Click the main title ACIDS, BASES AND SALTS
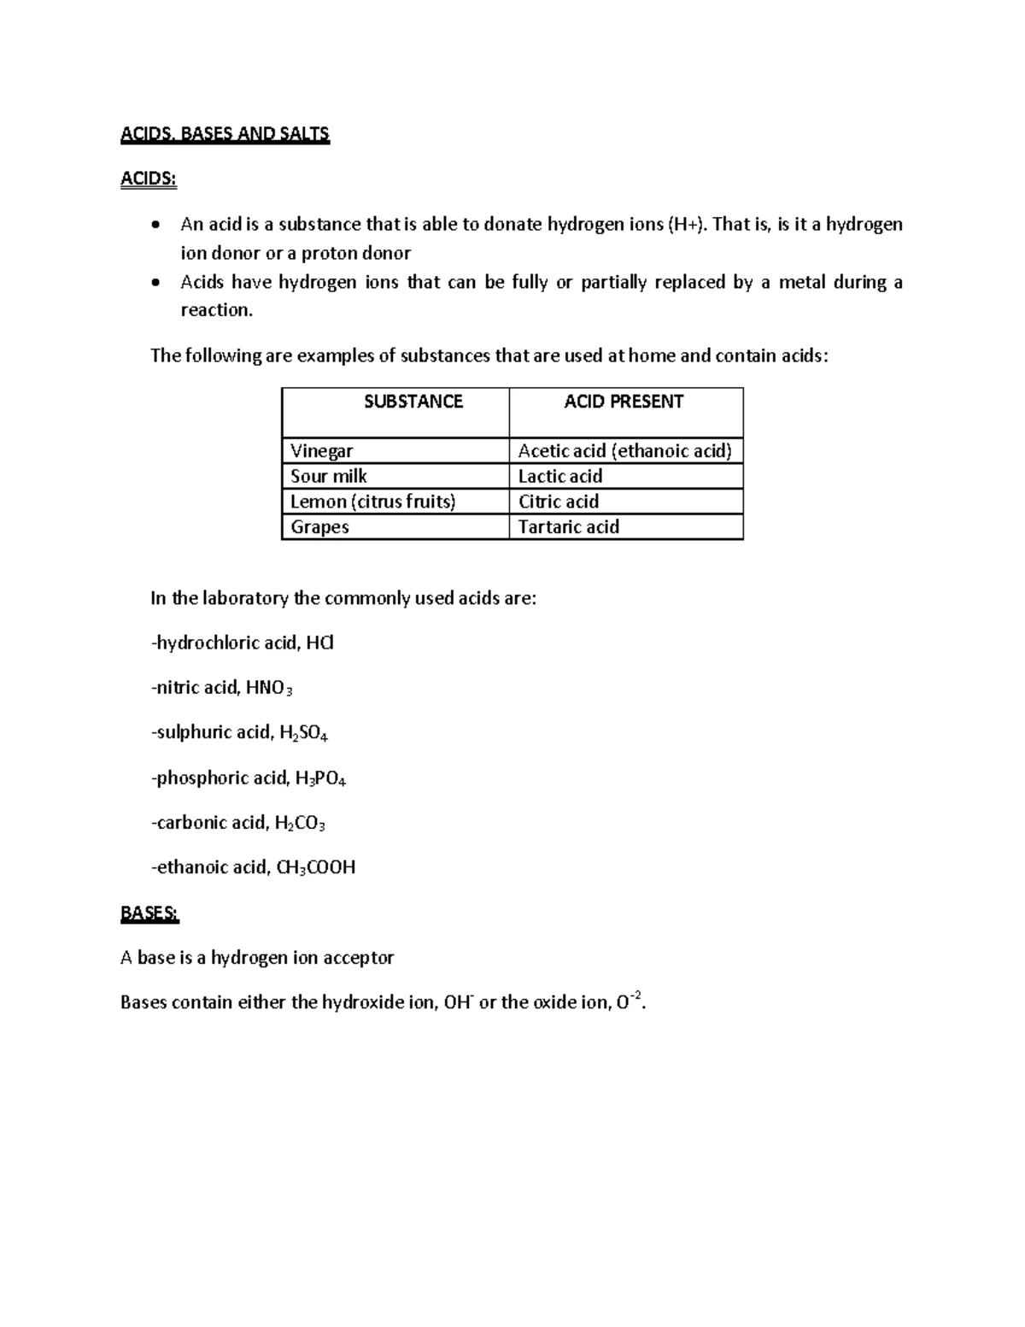click(x=225, y=134)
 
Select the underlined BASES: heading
click(x=149, y=913)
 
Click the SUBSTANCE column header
click(x=413, y=402)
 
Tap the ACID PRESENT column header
click(x=624, y=402)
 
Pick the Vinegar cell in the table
click(x=321, y=451)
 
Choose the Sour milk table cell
click(x=329, y=476)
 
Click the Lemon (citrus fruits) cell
click(x=372, y=502)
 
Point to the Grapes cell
click(x=319, y=526)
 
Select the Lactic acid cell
click(x=560, y=476)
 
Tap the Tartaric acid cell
click(x=569, y=526)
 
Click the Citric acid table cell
click(x=559, y=502)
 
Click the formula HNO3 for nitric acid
click(x=269, y=688)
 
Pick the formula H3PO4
click(x=320, y=778)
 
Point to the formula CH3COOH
click(x=315, y=868)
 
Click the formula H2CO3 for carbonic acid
click(x=300, y=824)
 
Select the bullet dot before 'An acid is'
click(x=154, y=226)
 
